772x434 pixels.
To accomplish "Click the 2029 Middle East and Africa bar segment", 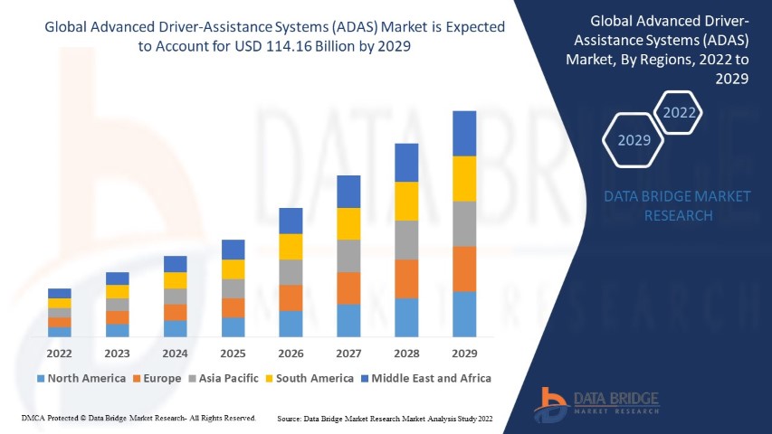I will [x=464, y=133].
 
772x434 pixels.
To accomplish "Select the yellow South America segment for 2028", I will [x=406, y=201].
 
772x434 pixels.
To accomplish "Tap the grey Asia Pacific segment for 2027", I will [x=348, y=256].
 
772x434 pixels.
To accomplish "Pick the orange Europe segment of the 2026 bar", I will [x=291, y=297].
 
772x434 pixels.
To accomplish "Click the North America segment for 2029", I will [x=464, y=314].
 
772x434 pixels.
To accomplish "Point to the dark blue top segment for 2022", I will [x=60, y=293].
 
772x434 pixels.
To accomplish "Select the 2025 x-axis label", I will [x=233, y=354].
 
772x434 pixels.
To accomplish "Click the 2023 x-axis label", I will [x=117, y=354].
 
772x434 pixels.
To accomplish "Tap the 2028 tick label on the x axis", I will [x=406, y=354].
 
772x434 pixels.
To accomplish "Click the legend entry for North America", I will [x=81, y=378].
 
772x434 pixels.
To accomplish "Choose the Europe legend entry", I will [x=157, y=378].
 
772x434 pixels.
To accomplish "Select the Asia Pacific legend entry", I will [x=223, y=378].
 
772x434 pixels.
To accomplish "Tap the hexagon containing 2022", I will [x=680, y=113].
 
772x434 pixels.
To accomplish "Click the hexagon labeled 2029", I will [x=634, y=140].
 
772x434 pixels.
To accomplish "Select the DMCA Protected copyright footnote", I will [x=138, y=419].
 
